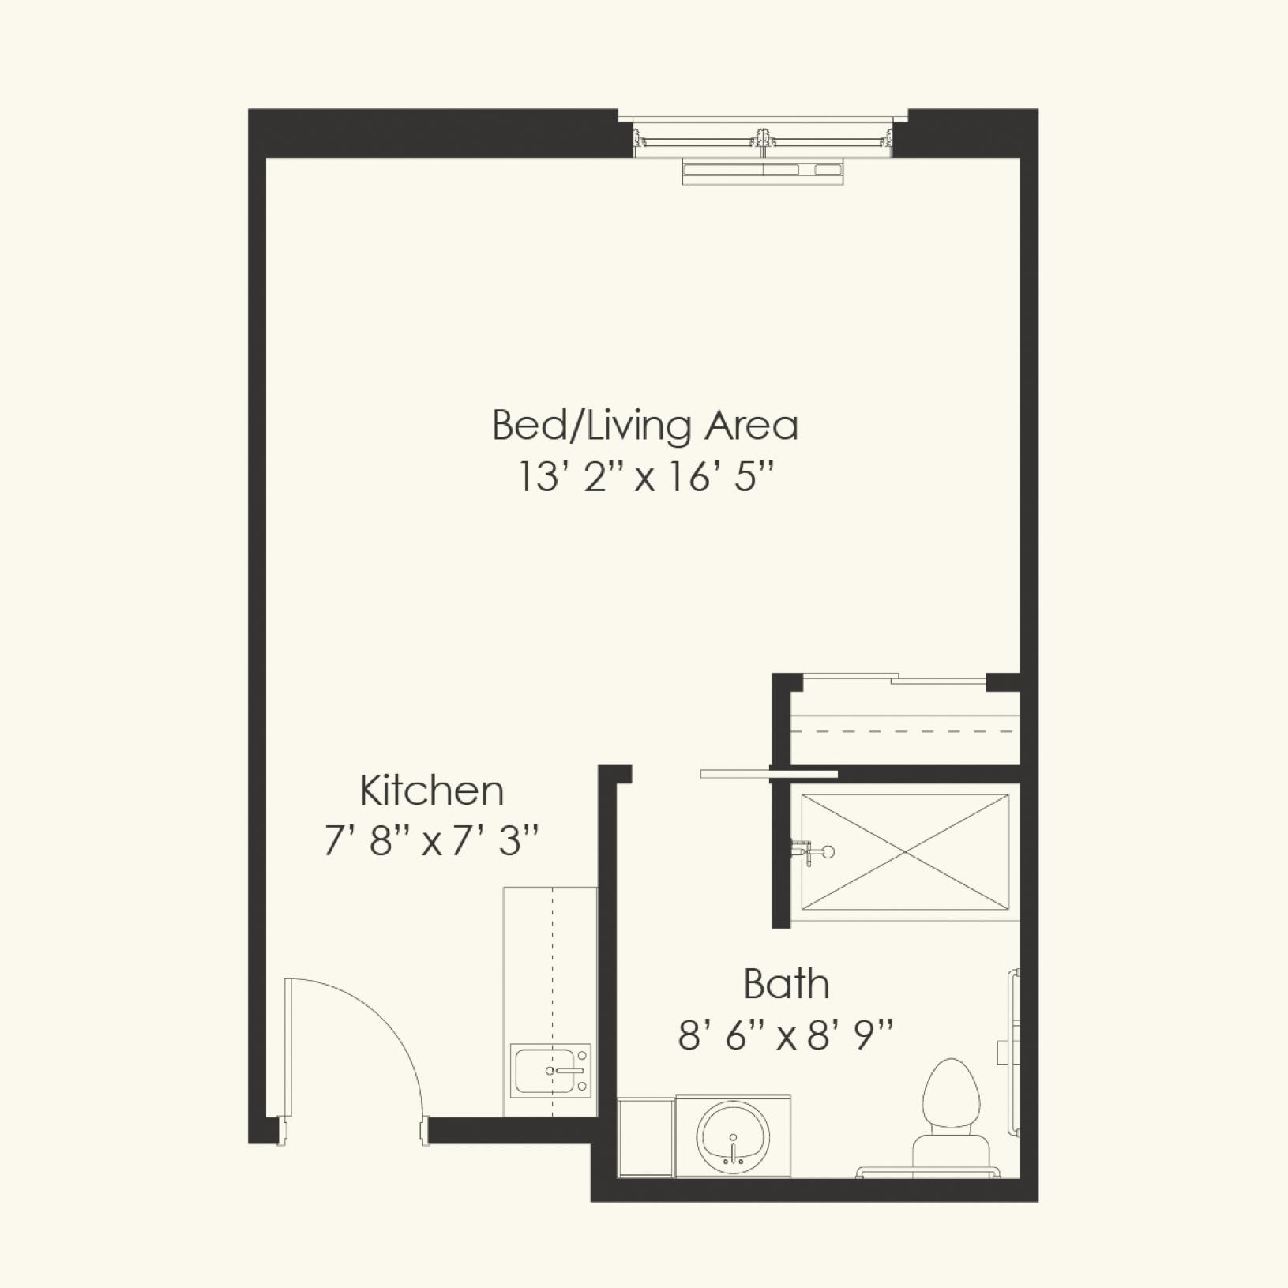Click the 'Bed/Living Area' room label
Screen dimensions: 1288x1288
(645, 425)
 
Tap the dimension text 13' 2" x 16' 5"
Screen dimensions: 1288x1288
(645, 477)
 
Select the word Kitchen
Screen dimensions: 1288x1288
(432, 790)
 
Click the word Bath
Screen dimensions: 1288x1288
(787, 984)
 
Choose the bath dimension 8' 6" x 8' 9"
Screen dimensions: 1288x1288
(787, 1035)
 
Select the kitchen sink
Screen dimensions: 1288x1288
(550, 1071)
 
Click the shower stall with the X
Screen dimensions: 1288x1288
(905, 852)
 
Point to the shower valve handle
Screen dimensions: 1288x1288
(813, 851)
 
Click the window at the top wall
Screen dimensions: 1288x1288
(762, 139)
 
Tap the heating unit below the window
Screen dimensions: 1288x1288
(763, 171)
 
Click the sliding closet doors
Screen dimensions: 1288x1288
(895, 678)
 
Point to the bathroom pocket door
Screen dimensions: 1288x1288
(768, 774)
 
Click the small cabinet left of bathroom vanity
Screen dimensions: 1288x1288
(646, 1137)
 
